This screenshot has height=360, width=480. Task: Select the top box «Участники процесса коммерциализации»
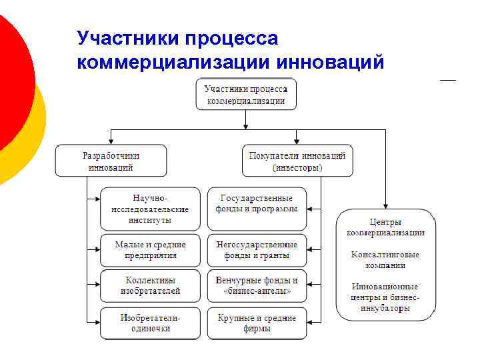click(x=246, y=95)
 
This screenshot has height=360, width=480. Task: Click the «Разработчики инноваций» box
click(x=111, y=161)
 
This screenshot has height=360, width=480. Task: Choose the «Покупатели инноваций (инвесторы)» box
click(x=297, y=161)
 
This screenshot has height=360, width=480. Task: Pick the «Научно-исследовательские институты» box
click(x=150, y=209)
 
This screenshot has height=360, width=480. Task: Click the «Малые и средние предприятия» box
click(x=150, y=250)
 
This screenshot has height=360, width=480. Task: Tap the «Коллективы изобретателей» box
click(x=150, y=286)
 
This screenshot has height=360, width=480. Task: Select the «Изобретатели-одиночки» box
click(x=150, y=323)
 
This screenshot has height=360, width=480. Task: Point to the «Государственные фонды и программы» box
click(x=257, y=203)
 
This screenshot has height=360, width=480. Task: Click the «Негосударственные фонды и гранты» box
click(x=257, y=250)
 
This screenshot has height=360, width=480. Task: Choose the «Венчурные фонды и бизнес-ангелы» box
click(x=257, y=286)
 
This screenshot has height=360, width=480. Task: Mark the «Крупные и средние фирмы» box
click(x=257, y=323)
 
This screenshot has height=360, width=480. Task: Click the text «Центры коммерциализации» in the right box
click(x=385, y=227)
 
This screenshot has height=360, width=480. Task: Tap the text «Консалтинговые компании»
click(x=385, y=259)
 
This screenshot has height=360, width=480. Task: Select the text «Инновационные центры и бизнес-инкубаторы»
click(x=385, y=297)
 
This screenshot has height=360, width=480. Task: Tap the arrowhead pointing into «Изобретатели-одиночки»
click(x=97, y=323)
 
